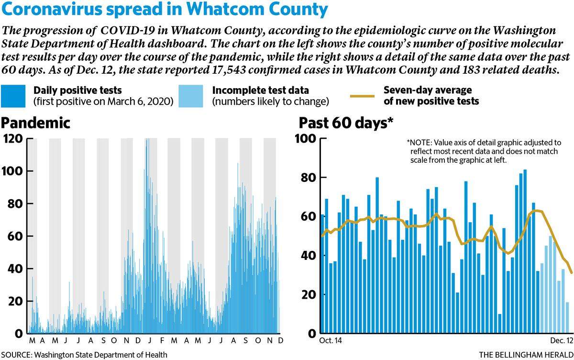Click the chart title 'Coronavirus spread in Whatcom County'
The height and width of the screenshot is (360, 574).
coord(165,9)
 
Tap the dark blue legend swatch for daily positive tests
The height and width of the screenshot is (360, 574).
coord(13,96)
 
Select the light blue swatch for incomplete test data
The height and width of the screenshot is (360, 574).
coord(191,96)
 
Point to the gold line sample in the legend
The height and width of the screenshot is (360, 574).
coord(363,96)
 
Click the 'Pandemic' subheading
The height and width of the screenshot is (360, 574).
coord(35,123)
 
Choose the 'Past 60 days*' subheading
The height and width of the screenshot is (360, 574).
coord(346,123)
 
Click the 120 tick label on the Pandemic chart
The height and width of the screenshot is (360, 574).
coord(13,139)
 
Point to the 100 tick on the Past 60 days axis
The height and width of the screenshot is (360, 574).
coord(305,139)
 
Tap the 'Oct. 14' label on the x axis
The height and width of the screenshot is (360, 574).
coord(331,340)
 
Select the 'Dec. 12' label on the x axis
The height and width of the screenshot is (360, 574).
coord(562,340)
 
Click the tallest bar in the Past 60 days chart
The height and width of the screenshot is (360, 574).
coord(525,251)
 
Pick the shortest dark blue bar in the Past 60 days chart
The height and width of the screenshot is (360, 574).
coord(500,324)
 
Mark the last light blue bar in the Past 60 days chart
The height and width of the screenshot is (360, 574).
coord(567,318)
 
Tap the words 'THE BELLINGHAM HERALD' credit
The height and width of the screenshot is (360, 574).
coord(526,355)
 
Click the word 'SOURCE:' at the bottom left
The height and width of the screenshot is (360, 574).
coord(16,355)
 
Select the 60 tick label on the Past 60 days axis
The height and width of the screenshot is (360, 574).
coord(309,217)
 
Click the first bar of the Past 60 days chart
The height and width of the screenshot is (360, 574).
coord(322,274)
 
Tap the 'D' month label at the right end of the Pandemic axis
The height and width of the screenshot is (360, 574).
coord(281,340)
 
